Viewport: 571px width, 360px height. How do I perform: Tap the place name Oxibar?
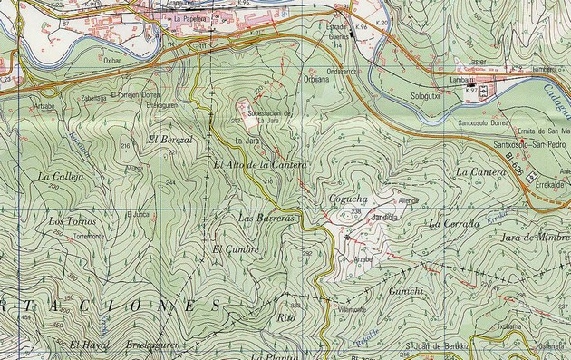click(x=112, y=62)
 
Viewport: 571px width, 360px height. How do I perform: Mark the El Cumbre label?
click(x=236, y=248)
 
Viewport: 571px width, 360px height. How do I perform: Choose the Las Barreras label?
click(x=266, y=219)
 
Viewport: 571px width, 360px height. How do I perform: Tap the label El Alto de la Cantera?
click(x=261, y=165)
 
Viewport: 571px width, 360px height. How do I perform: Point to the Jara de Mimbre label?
click(x=535, y=238)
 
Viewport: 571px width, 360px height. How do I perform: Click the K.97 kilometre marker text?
click(x=470, y=92)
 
